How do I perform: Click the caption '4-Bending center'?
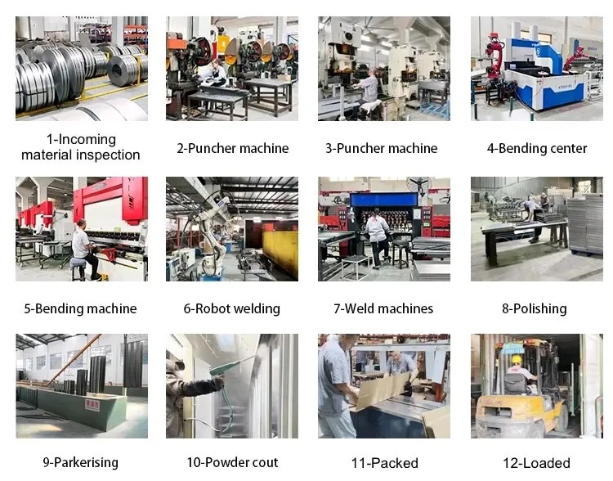click(537, 148)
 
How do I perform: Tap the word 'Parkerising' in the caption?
click(86, 462)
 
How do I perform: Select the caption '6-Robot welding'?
click(232, 308)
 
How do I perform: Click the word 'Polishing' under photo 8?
click(540, 308)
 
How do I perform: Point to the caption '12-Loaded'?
click(536, 463)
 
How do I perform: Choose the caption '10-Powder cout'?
click(232, 462)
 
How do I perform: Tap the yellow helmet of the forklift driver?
click(517, 359)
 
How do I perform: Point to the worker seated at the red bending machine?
click(84, 249)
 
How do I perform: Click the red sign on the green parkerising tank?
click(92, 405)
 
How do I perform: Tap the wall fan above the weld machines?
click(418, 185)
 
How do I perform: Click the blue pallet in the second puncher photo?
click(435, 109)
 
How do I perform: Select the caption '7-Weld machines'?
click(383, 308)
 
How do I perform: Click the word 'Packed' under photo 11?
click(395, 463)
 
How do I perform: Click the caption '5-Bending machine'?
click(81, 308)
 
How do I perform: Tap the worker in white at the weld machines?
click(377, 239)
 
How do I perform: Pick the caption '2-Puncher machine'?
click(233, 148)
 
